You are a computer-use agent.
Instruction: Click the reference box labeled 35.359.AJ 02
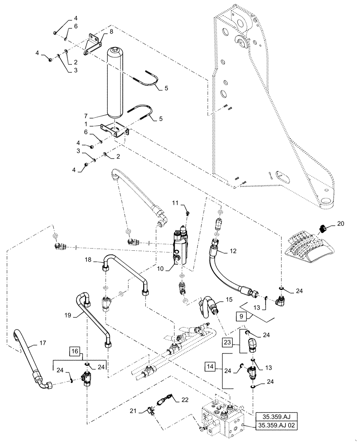point(277,426)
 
